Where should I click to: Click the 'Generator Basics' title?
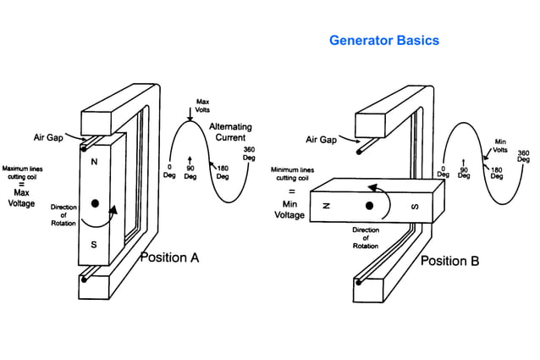tap(383, 40)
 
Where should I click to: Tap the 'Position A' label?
tap(169, 258)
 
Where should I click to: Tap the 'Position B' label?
tap(449, 261)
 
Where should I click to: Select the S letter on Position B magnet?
tap(415, 205)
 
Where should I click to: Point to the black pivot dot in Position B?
tap(370, 205)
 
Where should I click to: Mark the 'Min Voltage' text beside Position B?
tap(289, 209)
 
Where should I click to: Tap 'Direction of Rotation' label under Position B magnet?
tap(366, 237)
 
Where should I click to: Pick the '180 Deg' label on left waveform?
tap(222, 172)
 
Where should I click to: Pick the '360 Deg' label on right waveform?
tap(523, 155)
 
